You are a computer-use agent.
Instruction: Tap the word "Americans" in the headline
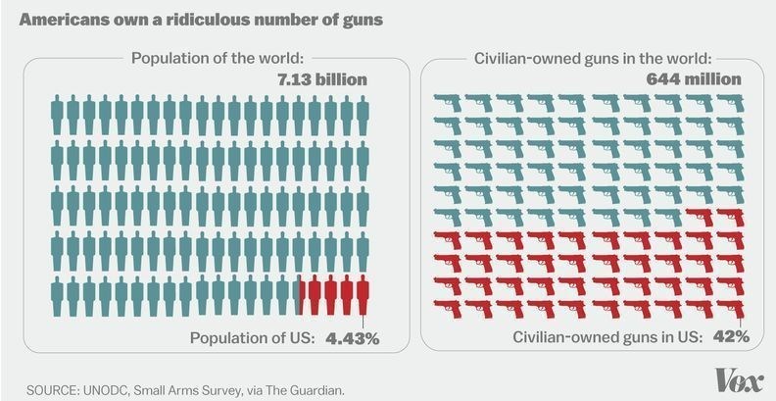tap(56, 19)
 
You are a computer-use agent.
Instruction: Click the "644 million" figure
tap(693, 79)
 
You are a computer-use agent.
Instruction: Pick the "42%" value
tap(730, 336)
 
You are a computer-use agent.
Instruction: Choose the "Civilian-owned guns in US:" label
tap(607, 336)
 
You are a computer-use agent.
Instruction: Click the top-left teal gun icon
tap(448, 101)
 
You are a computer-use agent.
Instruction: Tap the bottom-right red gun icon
tap(729, 307)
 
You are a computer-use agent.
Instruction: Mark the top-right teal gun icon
tap(729, 101)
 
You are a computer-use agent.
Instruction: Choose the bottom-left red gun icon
tap(448, 307)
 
